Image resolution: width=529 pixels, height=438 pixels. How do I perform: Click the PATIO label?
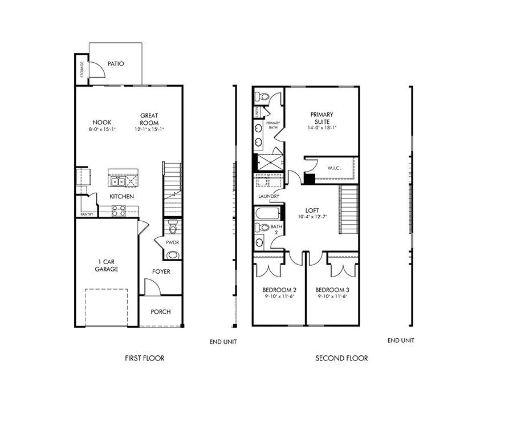(x=115, y=64)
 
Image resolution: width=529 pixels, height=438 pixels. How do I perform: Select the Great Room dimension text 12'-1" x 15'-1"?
(x=149, y=129)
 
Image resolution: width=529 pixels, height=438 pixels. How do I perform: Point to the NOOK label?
(x=102, y=122)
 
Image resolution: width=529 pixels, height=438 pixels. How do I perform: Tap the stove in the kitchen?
(x=119, y=211)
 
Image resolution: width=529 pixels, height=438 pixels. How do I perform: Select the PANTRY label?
(x=87, y=214)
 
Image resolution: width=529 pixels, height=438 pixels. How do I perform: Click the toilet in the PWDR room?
(x=173, y=229)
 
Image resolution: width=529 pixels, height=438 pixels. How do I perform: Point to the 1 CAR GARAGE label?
(x=107, y=265)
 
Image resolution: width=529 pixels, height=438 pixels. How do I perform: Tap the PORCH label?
(x=160, y=312)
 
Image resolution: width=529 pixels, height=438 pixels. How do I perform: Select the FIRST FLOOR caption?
(x=145, y=358)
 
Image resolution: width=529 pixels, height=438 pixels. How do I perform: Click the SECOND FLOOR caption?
(x=341, y=358)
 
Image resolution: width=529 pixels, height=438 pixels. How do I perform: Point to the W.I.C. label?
(x=334, y=168)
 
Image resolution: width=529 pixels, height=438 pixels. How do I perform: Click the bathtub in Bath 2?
(x=267, y=215)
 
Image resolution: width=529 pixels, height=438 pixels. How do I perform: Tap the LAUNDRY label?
(x=268, y=197)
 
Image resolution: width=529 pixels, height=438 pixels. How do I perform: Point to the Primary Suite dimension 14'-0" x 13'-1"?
(x=322, y=128)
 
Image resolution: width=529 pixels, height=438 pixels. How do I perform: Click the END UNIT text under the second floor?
(x=401, y=340)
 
